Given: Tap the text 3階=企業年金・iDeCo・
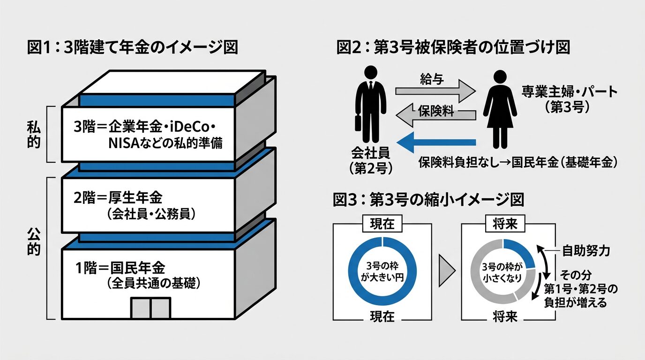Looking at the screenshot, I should click(x=146, y=128).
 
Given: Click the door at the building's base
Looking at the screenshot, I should click(x=150, y=307).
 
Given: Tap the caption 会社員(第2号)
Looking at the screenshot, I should click(x=370, y=161).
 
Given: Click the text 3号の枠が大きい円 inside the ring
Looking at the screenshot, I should click(x=382, y=272).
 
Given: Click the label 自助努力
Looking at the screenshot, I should click(x=586, y=251).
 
